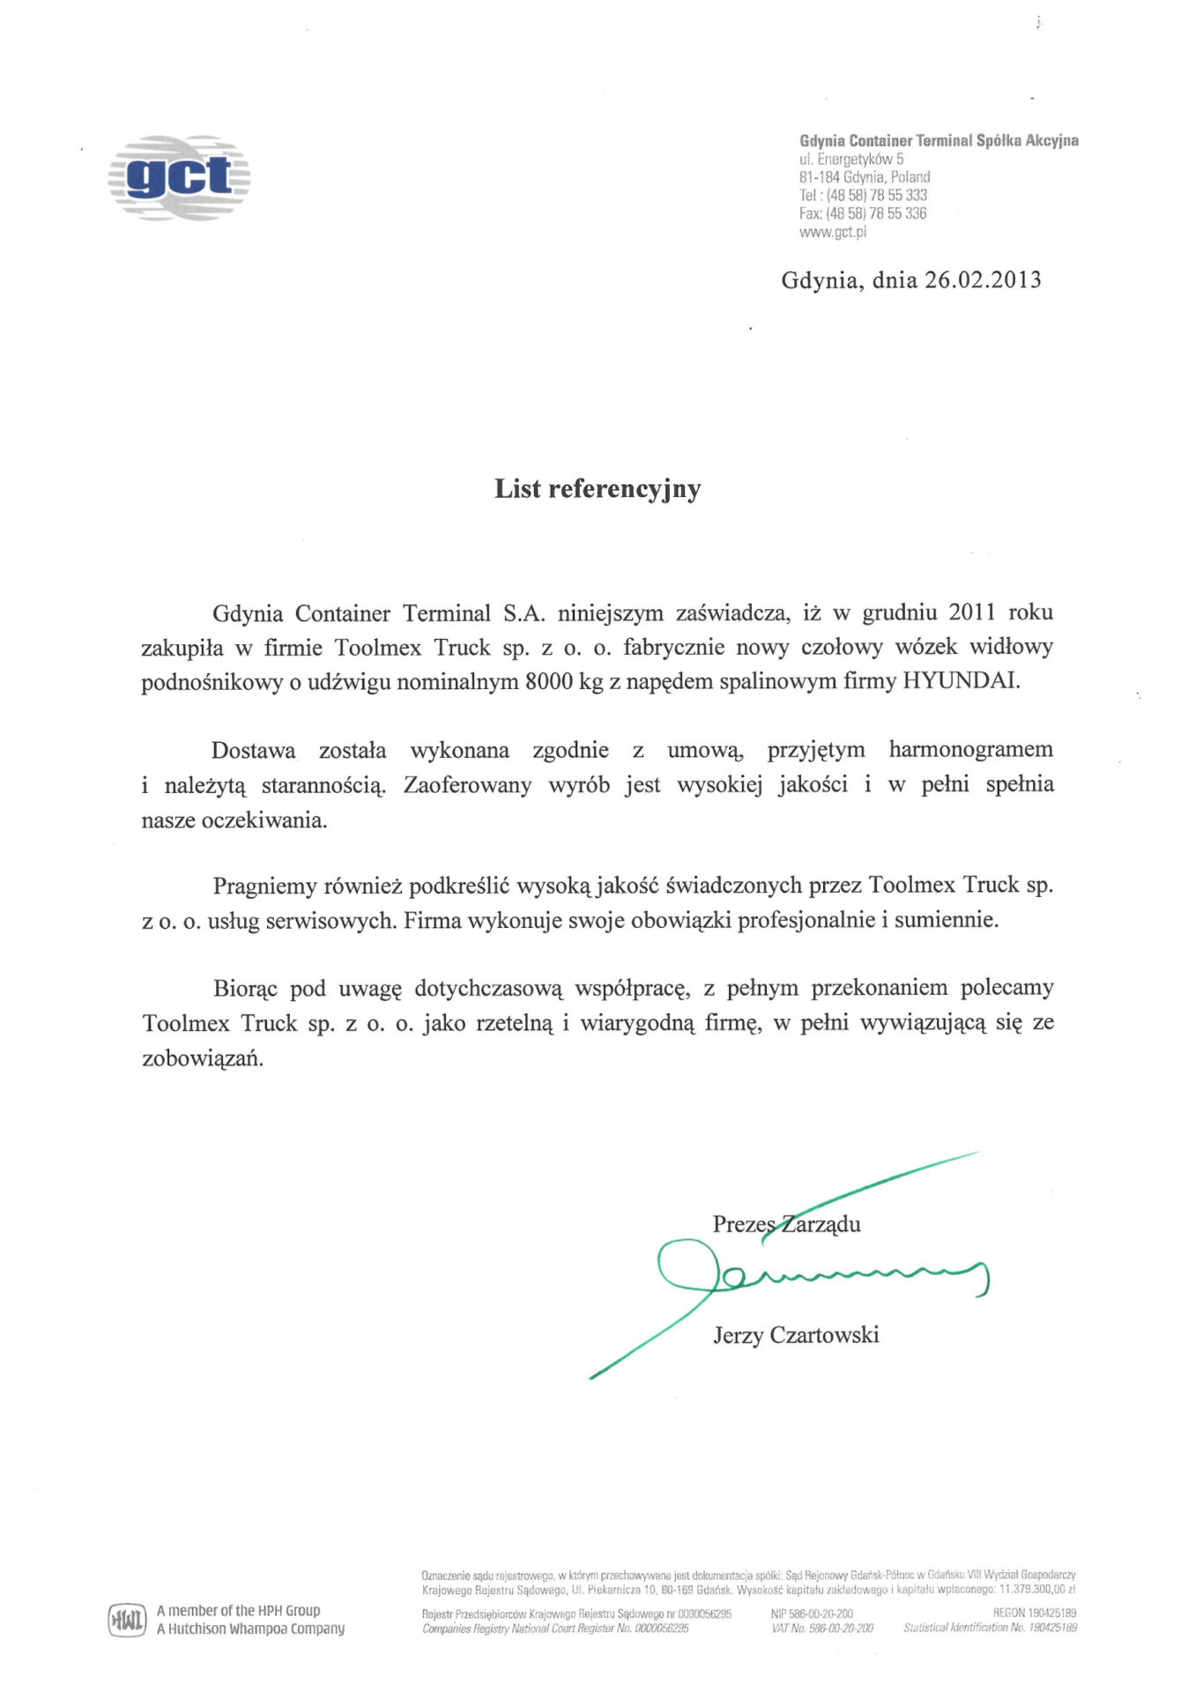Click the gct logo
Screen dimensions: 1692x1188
(x=180, y=177)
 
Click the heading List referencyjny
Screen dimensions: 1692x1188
(x=598, y=488)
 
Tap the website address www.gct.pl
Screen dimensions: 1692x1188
(x=833, y=232)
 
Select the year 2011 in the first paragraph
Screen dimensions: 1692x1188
(x=972, y=612)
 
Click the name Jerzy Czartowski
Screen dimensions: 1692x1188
(x=796, y=1334)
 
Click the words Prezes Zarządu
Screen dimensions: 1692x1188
(x=786, y=1223)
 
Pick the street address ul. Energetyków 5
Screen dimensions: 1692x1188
(x=851, y=160)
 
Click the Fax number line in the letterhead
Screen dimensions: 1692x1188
(x=863, y=213)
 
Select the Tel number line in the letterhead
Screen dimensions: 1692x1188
(x=863, y=195)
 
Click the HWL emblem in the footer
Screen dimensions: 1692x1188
(x=127, y=1620)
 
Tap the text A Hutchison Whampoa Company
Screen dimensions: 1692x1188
(x=250, y=1629)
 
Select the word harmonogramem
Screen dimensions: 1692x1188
(x=970, y=750)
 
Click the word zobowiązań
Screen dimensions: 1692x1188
(x=203, y=1057)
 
